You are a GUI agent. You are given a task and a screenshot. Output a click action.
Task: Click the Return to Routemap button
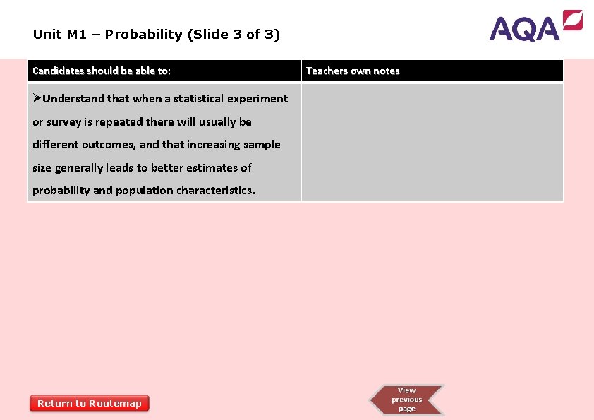tap(90, 403)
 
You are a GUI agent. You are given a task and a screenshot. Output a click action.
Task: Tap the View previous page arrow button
tap(407, 400)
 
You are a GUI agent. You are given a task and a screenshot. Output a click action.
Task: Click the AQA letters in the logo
tap(525, 29)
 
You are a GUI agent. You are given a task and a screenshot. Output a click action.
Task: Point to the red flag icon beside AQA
tap(572, 20)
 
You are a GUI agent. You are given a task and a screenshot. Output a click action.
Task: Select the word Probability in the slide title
tap(146, 34)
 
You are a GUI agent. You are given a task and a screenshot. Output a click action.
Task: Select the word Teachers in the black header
tap(326, 71)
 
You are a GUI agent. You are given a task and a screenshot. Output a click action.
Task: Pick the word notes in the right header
tap(386, 71)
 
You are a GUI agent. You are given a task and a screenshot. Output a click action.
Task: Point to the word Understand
tap(73, 99)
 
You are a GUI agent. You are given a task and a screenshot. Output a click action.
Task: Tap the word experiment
tap(257, 99)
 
